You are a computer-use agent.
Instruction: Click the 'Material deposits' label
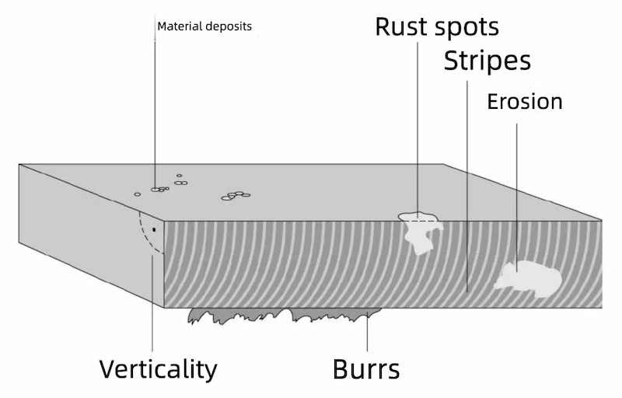coord(204,26)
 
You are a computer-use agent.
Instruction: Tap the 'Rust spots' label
coord(437,26)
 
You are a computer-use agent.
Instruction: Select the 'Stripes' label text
coord(487,61)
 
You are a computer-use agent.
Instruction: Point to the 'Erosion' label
coord(524,102)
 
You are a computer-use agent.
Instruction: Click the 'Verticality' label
coord(158,368)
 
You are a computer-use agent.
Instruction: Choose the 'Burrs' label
coord(366,368)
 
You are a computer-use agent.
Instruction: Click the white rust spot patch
coord(420,231)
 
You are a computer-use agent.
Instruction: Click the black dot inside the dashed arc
coord(154,230)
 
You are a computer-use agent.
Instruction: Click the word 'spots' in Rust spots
coord(466,26)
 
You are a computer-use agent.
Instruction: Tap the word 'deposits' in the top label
coord(229,26)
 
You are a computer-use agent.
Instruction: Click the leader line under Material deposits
coord(155,109)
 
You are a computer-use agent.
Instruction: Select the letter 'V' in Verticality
coord(108,368)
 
